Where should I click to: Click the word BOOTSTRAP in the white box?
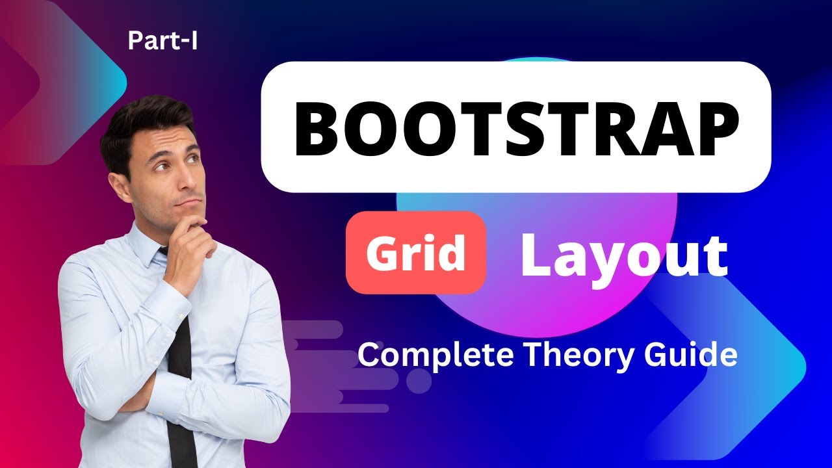(x=516, y=127)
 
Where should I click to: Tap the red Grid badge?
(x=416, y=253)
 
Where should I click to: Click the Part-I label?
(x=162, y=42)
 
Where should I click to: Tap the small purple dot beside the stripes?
(x=421, y=383)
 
